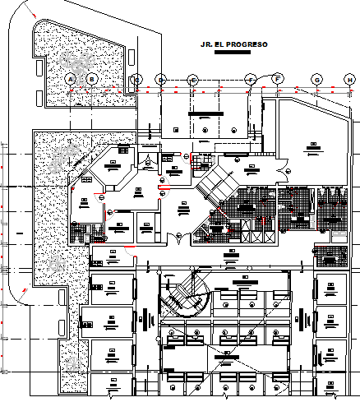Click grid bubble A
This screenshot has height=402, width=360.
(x=71, y=78)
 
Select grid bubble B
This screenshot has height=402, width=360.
(x=92, y=78)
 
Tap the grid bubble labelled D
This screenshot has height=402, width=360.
(x=161, y=79)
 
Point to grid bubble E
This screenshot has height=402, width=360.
(x=193, y=79)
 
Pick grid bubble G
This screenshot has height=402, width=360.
(x=316, y=79)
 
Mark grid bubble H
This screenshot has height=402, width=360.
(x=350, y=79)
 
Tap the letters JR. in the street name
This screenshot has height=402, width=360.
(x=195, y=44)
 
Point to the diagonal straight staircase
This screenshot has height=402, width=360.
(x=212, y=186)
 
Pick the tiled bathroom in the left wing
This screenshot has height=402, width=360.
(x=79, y=233)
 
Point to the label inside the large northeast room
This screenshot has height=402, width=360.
(x=313, y=147)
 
